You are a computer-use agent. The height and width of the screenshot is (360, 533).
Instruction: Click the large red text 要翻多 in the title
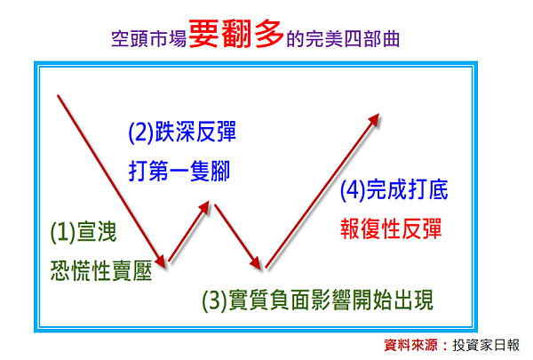pyautogui.click(x=236, y=34)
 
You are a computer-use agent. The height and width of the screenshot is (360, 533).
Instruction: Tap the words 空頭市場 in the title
pyautogui.click(x=149, y=39)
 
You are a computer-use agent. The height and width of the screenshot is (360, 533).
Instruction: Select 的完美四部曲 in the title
pyautogui.click(x=343, y=39)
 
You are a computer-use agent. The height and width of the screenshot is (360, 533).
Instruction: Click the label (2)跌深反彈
pyautogui.click(x=182, y=132)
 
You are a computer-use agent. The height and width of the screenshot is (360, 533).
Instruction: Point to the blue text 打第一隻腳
pyautogui.click(x=179, y=171)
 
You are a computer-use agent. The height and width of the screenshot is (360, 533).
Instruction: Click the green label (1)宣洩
pyautogui.click(x=84, y=232)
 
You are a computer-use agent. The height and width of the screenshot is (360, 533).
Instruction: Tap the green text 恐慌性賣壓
pyautogui.click(x=101, y=271)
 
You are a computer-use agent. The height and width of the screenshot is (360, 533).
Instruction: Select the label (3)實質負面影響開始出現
pyautogui.click(x=318, y=300)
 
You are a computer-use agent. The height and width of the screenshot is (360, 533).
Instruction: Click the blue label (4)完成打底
pyautogui.click(x=394, y=190)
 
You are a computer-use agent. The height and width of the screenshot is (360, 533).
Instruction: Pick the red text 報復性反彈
pyautogui.click(x=391, y=228)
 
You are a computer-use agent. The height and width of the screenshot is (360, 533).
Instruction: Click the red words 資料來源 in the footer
pyautogui.click(x=410, y=346)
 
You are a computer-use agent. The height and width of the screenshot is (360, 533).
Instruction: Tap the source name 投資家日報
pyautogui.click(x=486, y=346)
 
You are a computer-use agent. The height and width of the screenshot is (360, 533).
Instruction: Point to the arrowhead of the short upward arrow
pyautogui.click(x=205, y=206)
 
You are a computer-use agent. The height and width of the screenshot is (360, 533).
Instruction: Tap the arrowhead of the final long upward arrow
pyautogui.click(x=375, y=119)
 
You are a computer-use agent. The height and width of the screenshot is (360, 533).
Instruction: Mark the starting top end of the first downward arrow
pyautogui.click(x=58, y=96)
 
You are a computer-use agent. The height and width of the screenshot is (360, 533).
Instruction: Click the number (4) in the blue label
pyautogui.click(x=353, y=190)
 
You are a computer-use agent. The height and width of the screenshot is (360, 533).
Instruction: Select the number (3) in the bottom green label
pyautogui.click(x=215, y=300)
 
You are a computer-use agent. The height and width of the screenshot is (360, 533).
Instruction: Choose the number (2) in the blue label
pyautogui.click(x=141, y=132)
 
